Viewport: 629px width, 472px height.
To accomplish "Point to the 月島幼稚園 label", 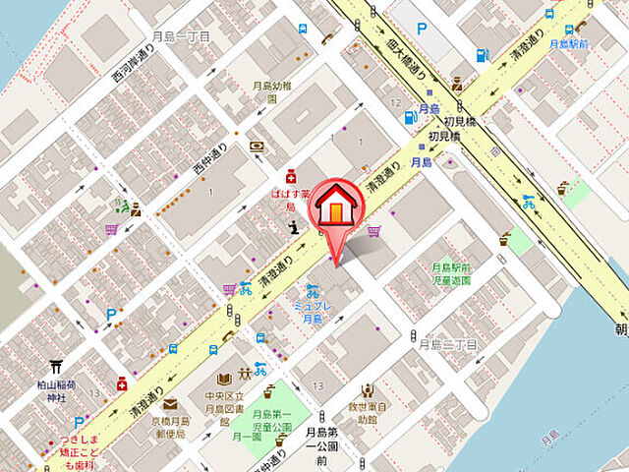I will [271, 91].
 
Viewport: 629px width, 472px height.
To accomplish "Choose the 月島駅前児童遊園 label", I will [451, 273].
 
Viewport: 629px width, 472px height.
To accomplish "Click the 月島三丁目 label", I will [447, 344].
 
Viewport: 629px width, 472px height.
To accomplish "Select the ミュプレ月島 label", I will [312, 313].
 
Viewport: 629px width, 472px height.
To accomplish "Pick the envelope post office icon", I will [170, 403].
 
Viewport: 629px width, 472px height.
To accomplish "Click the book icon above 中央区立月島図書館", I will [225, 378].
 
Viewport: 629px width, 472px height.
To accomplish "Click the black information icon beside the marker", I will [292, 229].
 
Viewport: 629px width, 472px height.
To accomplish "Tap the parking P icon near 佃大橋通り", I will [423, 29].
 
